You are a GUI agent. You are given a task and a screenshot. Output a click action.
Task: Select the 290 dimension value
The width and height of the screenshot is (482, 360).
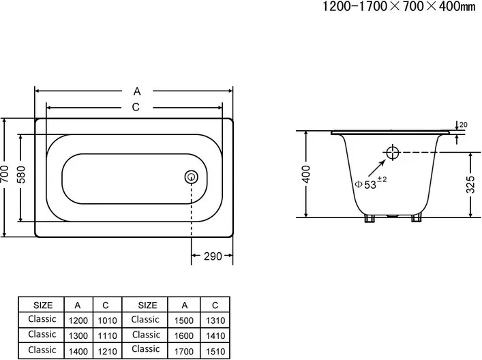pyautogui.click(x=213, y=256)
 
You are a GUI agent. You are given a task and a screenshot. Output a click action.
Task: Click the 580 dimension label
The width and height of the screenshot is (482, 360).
pyautogui.click(x=21, y=175)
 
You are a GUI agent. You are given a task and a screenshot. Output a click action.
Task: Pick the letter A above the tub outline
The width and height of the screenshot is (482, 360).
pyautogui.click(x=137, y=91)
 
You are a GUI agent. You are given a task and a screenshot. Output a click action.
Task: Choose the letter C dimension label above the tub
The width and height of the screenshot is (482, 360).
pyautogui.click(x=136, y=107)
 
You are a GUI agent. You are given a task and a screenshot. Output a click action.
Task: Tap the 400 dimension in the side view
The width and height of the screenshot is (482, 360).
pyautogui.click(x=306, y=174)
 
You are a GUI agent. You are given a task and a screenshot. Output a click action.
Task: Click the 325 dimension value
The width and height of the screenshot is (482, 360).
pyautogui.click(x=470, y=184)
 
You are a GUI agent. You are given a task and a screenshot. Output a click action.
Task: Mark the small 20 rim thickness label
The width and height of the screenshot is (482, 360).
pyautogui.click(x=463, y=125)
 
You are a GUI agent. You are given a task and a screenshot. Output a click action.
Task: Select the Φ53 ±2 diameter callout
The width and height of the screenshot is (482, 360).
pyautogui.click(x=371, y=183)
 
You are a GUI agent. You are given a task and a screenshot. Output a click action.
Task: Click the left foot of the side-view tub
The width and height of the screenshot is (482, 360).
pyautogui.click(x=370, y=219)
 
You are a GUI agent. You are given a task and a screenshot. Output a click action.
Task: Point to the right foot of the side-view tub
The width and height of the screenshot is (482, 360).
pyautogui.click(x=417, y=219)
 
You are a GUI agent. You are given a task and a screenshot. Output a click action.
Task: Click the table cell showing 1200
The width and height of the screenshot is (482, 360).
pyautogui.click(x=78, y=320)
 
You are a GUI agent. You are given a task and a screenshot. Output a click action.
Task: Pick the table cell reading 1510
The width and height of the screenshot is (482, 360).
pyautogui.click(x=215, y=351)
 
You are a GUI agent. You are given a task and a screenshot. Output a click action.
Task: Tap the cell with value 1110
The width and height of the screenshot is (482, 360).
pyautogui.click(x=107, y=335)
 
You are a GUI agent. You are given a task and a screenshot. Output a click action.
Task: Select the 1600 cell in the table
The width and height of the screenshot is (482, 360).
pyautogui.click(x=184, y=335)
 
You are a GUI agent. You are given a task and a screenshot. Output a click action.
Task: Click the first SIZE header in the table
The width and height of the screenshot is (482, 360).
pyautogui.click(x=43, y=305)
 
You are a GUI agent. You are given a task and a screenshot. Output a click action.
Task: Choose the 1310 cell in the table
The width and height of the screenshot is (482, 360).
pyautogui.click(x=215, y=320)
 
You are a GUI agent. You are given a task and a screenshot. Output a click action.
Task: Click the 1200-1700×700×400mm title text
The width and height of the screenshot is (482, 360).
pyautogui.click(x=399, y=6)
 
